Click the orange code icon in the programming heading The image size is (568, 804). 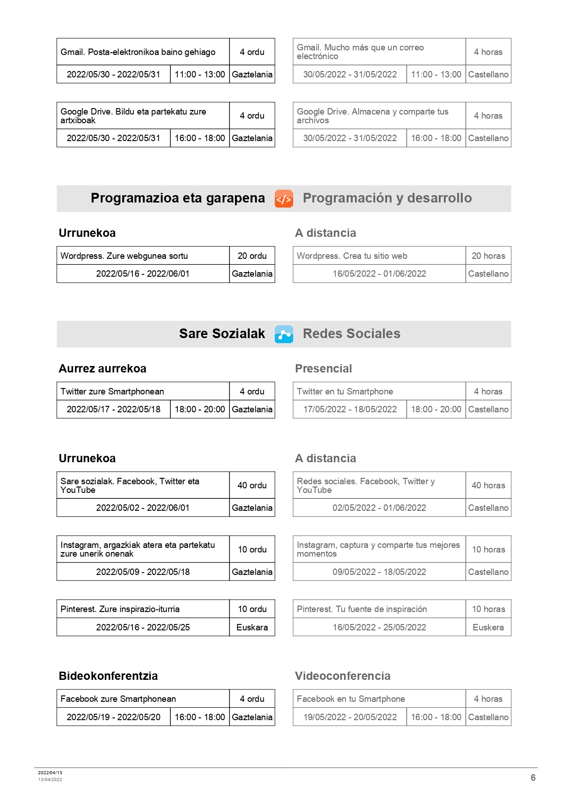click(284, 199)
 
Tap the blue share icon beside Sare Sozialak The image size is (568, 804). click(284, 334)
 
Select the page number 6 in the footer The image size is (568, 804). click(533, 777)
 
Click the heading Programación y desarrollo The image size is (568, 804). click(387, 198)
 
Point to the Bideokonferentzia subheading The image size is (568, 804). click(108, 676)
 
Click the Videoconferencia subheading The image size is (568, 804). click(343, 676)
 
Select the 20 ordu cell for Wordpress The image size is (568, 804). click(252, 256)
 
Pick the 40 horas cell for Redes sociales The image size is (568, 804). click(488, 485)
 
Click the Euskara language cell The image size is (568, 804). click(252, 627)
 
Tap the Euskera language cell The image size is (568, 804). click(488, 627)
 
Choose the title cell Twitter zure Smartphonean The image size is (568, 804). click(112, 391)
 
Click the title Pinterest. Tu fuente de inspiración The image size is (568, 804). click(362, 609)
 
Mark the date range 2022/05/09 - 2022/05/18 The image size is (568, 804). click(143, 572)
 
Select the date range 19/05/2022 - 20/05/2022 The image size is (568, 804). click(350, 717)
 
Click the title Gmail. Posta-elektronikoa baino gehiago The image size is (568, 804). click(138, 52)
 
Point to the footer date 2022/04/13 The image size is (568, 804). click(50, 772)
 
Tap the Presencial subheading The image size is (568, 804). click(323, 368)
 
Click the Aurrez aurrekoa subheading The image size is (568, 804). click(103, 368)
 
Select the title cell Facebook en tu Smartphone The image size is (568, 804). click(351, 699)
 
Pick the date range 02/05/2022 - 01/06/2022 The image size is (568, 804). click(379, 508)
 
